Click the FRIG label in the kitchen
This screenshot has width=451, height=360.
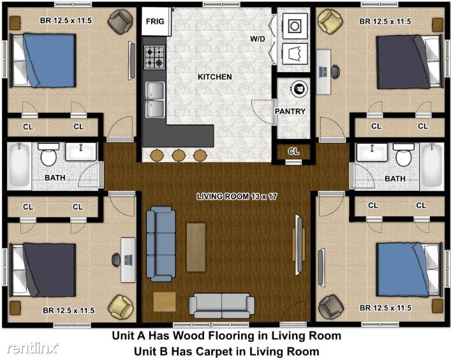coord(155,21)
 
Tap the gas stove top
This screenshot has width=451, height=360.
coord(154,57)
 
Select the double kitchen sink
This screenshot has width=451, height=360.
coord(155,100)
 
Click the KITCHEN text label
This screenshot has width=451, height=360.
coord(214,77)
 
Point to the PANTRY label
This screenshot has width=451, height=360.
coord(290,111)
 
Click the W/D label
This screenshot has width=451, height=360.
coord(258,39)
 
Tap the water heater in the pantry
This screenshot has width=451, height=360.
coord(299,89)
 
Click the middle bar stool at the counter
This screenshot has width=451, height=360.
coord(179,155)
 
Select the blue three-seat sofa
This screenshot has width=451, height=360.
coord(161,243)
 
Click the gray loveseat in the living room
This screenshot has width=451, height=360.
coord(221,305)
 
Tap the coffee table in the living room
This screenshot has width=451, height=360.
coord(196,247)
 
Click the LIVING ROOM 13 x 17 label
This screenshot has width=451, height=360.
coord(237,196)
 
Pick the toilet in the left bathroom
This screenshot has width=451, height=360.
coord(48,154)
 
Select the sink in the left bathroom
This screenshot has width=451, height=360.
coord(81,151)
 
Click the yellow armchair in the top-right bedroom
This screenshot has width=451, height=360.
coord(330,21)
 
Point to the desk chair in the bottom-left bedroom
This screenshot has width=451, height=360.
coord(116,260)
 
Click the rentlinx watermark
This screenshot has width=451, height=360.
coord(32,348)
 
